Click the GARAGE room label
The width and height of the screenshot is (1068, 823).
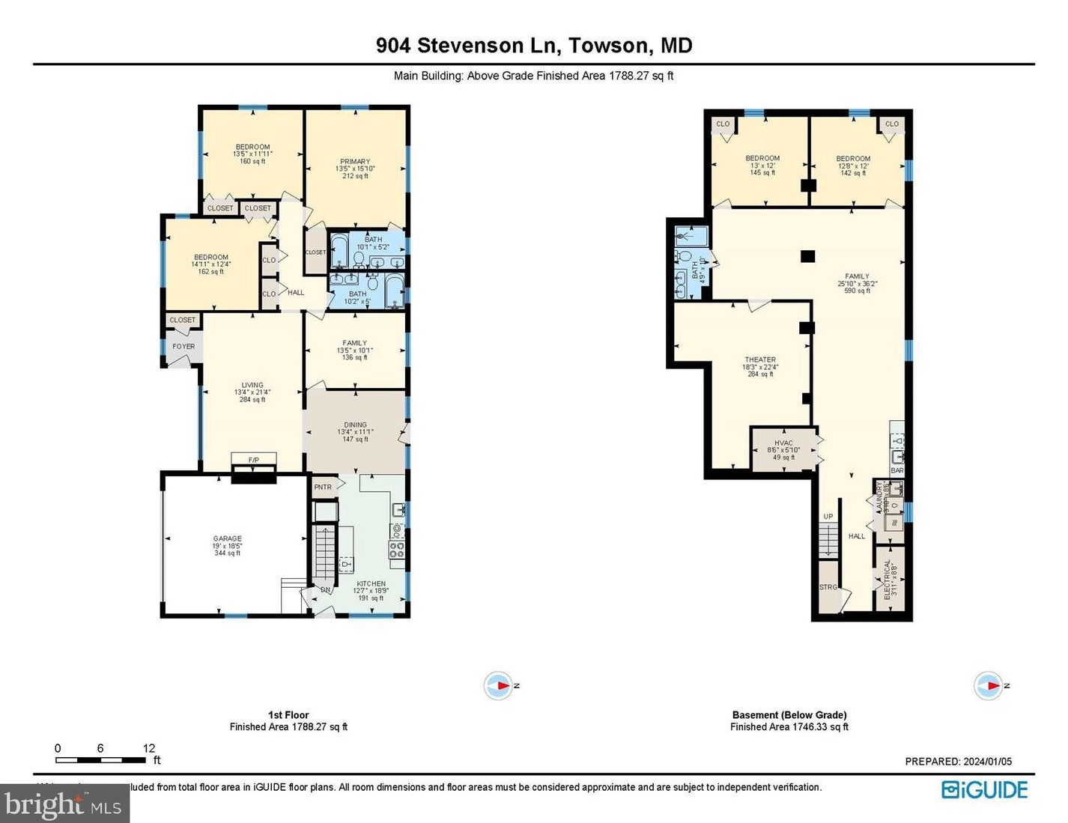click(x=227, y=538)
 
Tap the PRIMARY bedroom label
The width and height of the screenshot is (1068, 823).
click(x=355, y=161)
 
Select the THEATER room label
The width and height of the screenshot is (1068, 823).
click(x=760, y=359)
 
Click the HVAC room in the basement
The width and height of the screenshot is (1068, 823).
click(x=783, y=449)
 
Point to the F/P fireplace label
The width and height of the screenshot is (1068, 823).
click(x=254, y=460)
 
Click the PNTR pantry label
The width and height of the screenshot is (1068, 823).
click(x=323, y=487)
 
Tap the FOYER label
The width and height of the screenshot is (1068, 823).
click(x=183, y=346)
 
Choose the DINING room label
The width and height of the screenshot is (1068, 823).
click(x=355, y=425)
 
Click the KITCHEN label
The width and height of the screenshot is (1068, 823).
click(x=371, y=583)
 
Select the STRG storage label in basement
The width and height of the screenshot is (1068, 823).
click(x=828, y=587)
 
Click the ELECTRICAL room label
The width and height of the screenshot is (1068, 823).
click(x=888, y=579)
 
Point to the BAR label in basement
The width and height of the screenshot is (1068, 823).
click(x=897, y=470)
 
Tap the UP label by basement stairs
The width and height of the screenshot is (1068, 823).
click(x=828, y=517)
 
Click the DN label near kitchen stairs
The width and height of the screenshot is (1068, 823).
click(x=326, y=590)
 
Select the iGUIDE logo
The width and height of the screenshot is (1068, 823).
click(x=984, y=790)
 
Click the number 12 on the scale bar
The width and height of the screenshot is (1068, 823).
click(x=149, y=748)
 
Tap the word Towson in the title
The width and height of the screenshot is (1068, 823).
click(x=608, y=46)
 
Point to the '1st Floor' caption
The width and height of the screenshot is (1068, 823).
click(x=288, y=715)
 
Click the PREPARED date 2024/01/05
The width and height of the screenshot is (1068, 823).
click(x=987, y=762)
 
